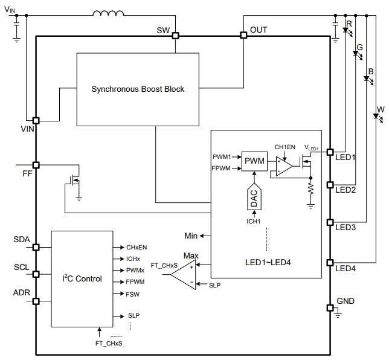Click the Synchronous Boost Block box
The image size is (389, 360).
pos(137,89)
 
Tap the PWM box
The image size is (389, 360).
pos(254,161)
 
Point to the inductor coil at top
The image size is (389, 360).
pos(107,13)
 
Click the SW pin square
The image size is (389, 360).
pos(176,36)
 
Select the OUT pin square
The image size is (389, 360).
pos(244,36)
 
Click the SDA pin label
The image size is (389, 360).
pos(21,239)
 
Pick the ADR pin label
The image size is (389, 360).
pos(21,293)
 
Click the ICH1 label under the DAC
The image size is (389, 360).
pos(253,221)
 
